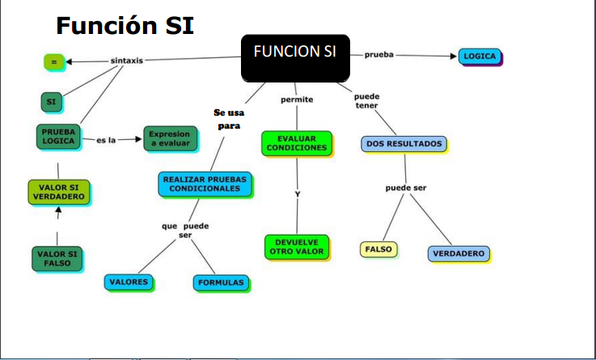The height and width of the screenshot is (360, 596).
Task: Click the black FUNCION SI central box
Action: [x=295, y=57]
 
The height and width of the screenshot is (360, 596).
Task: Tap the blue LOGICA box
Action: [x=480, y=57]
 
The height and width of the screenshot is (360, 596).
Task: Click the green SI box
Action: [x=52, y=102]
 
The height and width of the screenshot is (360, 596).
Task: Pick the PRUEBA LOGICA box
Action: [x=59, y=137]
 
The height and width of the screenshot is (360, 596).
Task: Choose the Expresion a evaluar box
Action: [x=170, y=138]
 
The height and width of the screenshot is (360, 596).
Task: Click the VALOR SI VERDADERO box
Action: [x=59, y=193]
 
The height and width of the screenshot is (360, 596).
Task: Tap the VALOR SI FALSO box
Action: [x=57, y=259]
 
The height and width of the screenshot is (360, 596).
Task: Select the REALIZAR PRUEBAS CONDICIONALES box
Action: [x=205, y=184]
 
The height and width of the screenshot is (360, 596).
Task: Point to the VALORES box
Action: [x=129, y=282]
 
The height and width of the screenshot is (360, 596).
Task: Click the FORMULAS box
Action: [x=221, y=282]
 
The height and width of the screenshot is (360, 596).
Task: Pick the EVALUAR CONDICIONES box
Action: [x=296, y=143]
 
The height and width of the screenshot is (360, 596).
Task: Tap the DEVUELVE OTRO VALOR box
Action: [x=296, y=246]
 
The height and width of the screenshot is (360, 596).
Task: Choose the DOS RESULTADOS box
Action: [x=404, y=144]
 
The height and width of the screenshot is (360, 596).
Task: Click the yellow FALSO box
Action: [x=378, y=249]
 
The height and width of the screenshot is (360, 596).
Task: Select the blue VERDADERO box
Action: [x=459, y=253]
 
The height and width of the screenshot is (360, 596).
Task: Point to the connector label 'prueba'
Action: [x=378, y=55]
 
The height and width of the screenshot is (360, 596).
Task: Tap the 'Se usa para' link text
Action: [x=229, y=119]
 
